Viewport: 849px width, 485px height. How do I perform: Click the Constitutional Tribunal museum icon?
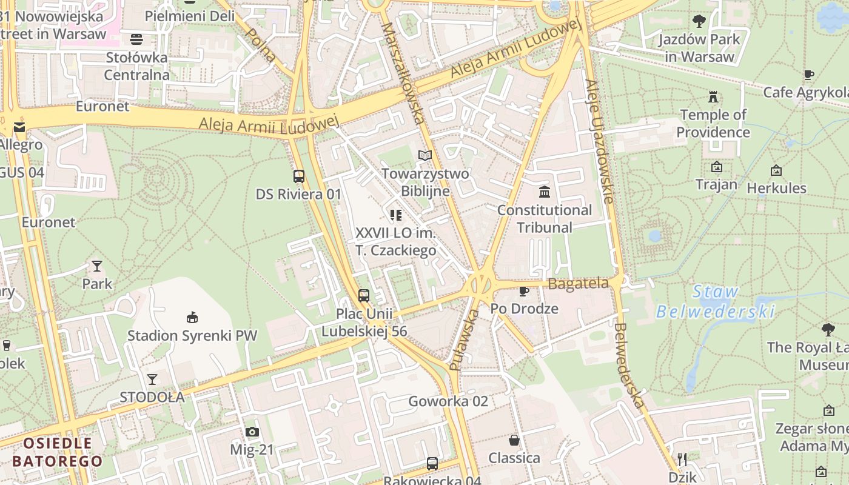545,192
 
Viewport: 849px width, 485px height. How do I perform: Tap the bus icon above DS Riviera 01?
299,176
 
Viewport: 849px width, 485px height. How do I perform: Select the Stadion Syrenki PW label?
192,335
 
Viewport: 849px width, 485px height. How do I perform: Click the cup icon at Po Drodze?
524,291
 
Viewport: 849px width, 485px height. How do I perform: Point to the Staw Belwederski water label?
716,302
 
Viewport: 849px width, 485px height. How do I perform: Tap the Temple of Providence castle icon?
713,96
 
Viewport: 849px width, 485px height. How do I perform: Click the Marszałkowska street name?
403,73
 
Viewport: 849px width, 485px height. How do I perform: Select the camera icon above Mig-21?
252,432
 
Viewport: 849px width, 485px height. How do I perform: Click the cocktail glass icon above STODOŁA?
152,380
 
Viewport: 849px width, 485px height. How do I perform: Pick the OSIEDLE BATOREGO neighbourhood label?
58,452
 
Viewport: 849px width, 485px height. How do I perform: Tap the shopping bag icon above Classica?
514,440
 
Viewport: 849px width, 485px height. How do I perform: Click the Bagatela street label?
578,283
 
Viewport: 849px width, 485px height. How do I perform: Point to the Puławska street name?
464,340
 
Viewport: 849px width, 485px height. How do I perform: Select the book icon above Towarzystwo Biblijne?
425,156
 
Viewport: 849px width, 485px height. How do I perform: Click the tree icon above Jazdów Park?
699,21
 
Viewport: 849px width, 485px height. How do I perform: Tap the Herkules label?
776,188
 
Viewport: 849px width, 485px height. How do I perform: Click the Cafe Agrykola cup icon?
808,75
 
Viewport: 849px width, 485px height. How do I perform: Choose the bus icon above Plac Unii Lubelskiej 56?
364,296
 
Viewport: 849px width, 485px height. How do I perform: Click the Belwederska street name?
628,366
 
